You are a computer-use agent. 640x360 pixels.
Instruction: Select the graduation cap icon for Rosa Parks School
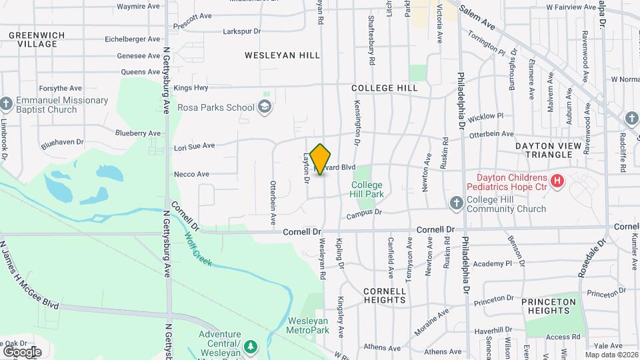(x=265, y=107)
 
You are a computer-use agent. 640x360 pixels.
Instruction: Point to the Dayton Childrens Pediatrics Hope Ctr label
(x=511, y=183)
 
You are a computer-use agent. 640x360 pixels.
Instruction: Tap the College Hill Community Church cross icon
(x=456, y=203)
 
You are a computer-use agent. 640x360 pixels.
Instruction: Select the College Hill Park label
(x=367, y=189)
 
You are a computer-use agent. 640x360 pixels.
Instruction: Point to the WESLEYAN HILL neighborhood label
(x=283, y=55)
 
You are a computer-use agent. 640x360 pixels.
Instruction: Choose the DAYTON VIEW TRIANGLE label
(x=544, y=149)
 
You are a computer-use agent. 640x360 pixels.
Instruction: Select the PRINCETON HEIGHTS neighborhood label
(x=549, y=306)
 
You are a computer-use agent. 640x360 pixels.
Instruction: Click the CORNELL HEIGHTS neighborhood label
(x=385, y=295)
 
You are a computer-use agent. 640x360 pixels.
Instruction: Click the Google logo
(x=22, y=351)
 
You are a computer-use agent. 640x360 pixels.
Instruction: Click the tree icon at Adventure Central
(x=251, y=346)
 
